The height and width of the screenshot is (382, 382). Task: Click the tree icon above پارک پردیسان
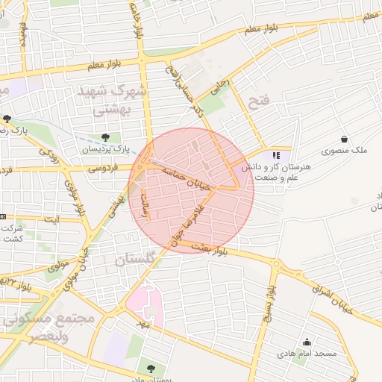105,137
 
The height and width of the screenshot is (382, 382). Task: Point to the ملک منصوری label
345,151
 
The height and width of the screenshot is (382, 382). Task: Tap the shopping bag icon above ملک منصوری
344,139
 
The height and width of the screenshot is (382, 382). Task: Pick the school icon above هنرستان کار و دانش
276,156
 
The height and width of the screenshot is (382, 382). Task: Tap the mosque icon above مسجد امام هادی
306,342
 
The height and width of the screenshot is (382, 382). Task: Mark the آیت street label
53,220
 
